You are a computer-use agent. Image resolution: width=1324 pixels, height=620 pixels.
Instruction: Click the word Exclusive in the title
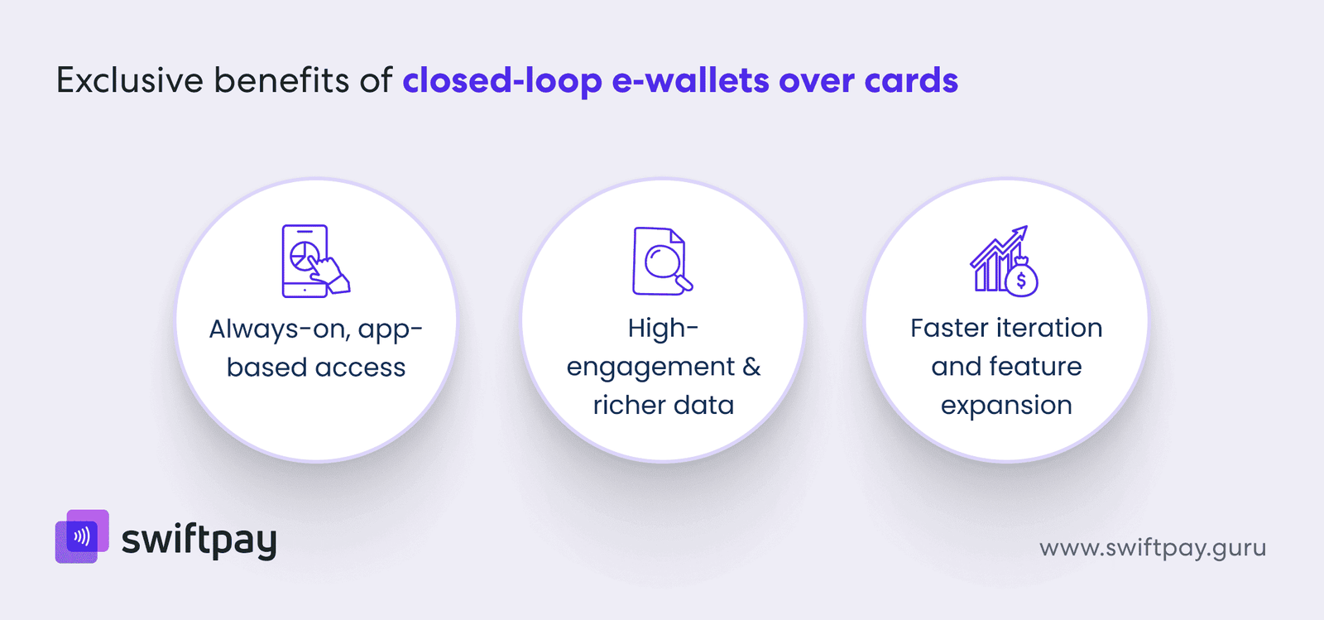coord(129,80)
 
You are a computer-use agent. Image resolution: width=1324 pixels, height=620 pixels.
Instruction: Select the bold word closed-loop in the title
coord(502,81)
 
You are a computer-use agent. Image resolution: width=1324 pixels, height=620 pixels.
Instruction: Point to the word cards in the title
coord(911,81)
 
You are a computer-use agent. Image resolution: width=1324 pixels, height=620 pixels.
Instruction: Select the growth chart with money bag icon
coord(1004,260)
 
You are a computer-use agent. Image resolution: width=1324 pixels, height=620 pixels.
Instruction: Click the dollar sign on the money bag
coord(1022,280)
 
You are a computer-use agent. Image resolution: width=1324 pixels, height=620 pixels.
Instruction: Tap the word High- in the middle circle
coord(663,328)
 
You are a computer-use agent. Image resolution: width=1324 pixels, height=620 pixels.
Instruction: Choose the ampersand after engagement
coord(751,367)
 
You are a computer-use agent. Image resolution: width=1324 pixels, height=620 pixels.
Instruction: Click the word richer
coord(629,405)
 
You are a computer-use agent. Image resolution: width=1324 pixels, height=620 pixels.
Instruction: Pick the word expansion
coord(1006,405)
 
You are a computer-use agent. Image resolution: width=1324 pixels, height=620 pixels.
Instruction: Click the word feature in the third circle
coord(1035,367)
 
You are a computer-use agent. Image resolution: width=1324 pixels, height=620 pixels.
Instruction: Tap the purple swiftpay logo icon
coord(82,536)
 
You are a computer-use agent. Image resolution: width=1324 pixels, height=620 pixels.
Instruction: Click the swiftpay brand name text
coord(199,541)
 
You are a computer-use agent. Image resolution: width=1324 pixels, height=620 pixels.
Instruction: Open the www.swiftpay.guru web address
coord(1152,548)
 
